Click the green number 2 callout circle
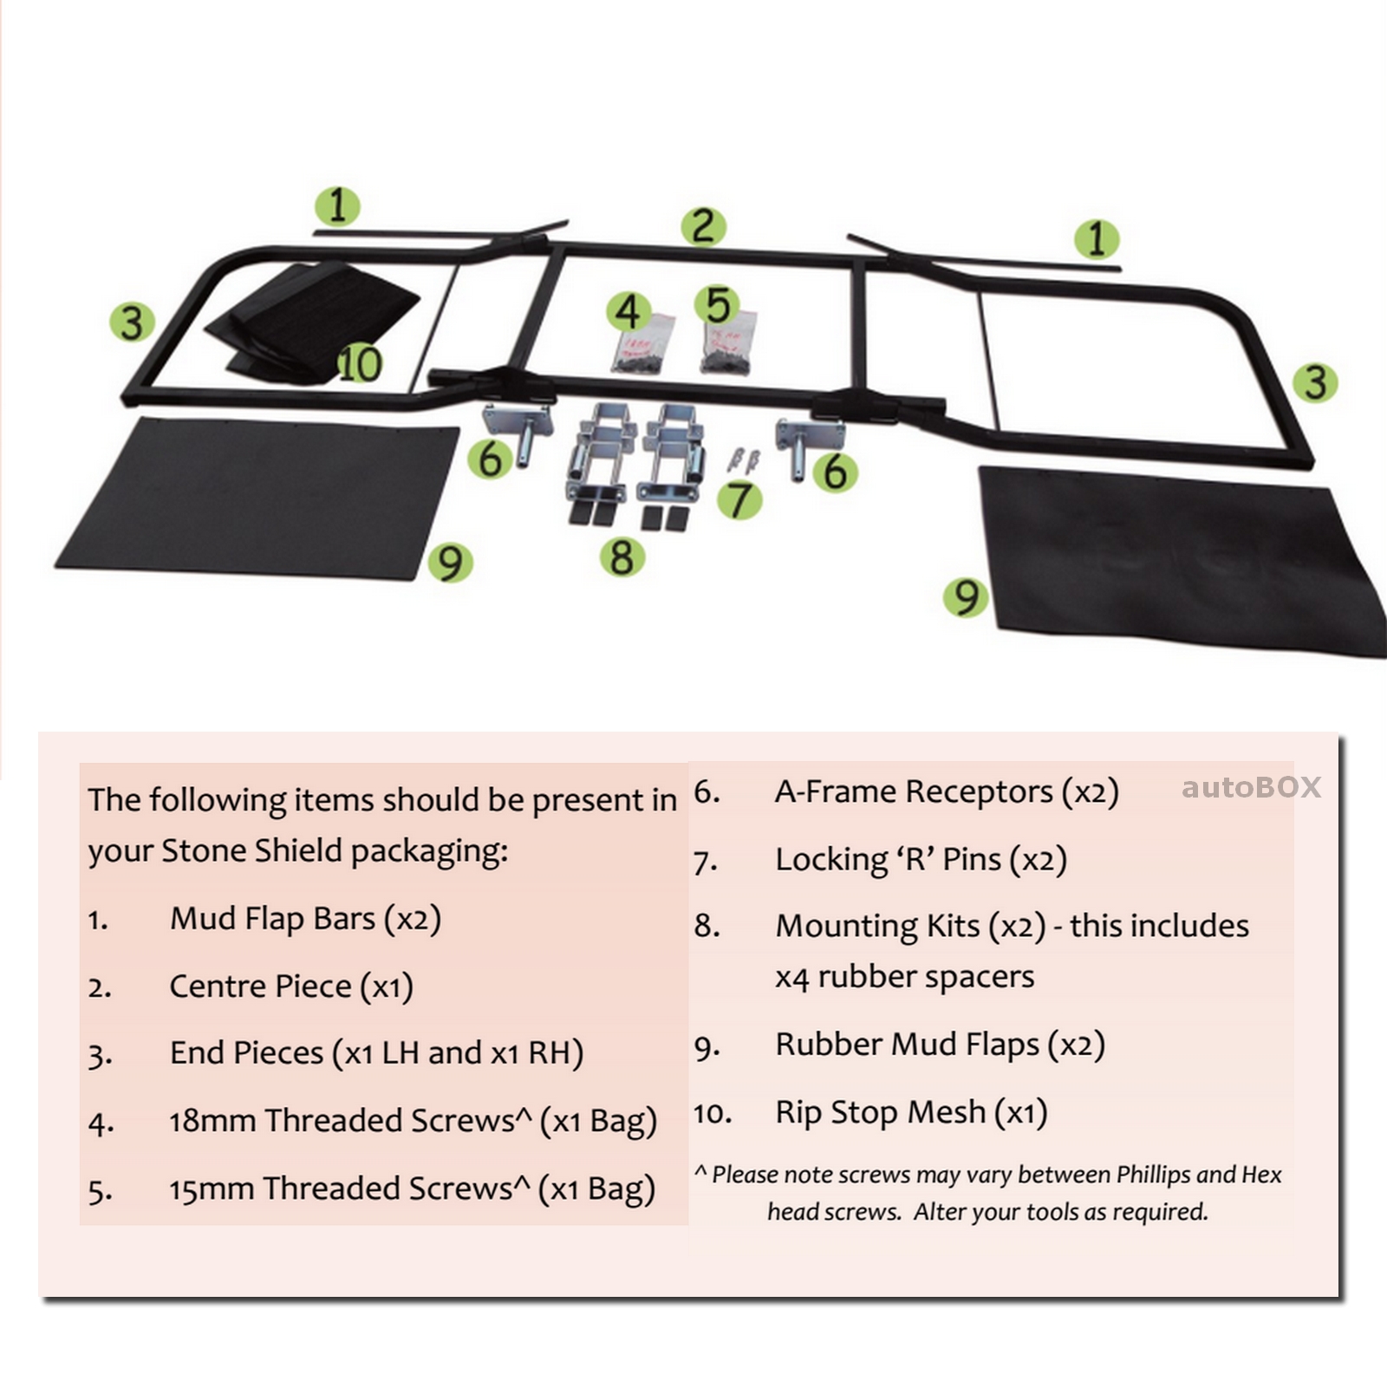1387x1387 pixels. [702, 226]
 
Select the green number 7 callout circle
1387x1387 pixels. [739, 500]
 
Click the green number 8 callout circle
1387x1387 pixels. [622, 557]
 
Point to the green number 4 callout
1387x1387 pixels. [628, 311]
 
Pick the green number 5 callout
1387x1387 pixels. [718, 305]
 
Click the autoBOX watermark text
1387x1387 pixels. [1251, 787]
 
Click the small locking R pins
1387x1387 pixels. [744, 459]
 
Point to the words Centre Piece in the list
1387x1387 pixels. [260, 987]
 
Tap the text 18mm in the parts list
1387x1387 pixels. [212, 1121]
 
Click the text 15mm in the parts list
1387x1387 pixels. [211, 1188]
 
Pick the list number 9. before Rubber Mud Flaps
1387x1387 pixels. [707, 1047]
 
